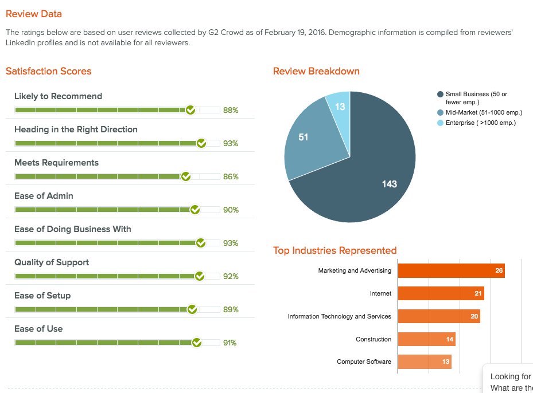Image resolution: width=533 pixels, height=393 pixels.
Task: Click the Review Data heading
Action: pos(34,14)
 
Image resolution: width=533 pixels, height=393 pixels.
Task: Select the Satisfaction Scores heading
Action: pos(49,71)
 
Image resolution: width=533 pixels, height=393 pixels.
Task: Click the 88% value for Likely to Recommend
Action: pos(231,110)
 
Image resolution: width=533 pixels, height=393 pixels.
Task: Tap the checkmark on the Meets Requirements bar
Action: pos(185,176)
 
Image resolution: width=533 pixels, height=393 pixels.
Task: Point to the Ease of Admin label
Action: pos(44,196)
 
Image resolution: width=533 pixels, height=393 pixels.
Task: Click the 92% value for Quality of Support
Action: pos(231,276)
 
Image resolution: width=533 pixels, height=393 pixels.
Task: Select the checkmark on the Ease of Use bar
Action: pos(196,343)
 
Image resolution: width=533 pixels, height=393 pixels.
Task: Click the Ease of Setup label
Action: pos(42,296)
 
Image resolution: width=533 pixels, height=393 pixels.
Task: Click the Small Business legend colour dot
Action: pos(440,94)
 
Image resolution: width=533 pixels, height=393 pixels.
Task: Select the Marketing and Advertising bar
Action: pos(450,270)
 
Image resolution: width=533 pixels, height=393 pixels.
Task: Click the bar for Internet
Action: pos(440,293)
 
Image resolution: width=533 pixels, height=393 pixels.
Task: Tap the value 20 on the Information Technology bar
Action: pos(474,316)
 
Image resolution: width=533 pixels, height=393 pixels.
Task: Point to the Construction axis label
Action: pos(373,339)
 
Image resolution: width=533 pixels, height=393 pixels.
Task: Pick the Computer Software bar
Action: pos(424,361)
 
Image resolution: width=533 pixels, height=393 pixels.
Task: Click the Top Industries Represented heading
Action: pos(334,250)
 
